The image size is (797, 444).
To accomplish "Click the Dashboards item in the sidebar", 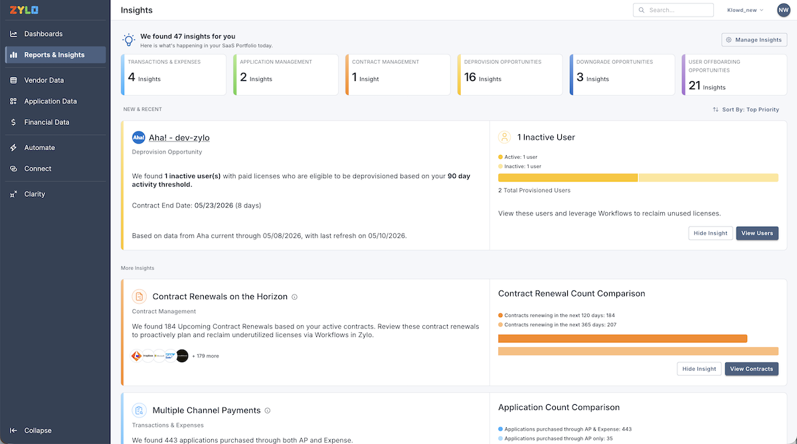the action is click(x=43, y=34).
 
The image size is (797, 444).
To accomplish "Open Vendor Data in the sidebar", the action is click(x=44, y=80).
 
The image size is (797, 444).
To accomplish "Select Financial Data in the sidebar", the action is click(x=46, y=122).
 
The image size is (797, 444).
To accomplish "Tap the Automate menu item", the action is click(x=39, y=148).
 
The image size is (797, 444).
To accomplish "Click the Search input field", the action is click(x=673, y=10).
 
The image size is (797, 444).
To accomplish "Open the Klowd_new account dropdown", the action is click(x=745, y=10).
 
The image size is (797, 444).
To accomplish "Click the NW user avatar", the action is click(x=784, y=10).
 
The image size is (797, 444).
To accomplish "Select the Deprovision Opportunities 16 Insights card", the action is click(x=510, y=74).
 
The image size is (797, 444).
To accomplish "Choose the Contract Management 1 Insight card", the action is click(x=398, y=74).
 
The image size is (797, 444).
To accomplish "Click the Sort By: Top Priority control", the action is click(x=746, y=110).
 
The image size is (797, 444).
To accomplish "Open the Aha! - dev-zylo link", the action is click(x=179, y=138).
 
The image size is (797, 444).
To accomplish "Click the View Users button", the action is click(x=757, y=233).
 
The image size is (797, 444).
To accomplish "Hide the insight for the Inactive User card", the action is click(x=710, y=233).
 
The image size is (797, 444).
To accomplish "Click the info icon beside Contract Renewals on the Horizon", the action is click(x=295, y=297).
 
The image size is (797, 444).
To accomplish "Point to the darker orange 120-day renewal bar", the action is click(x=622, y=338).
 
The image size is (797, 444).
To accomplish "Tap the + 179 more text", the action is click(x=205, y=356).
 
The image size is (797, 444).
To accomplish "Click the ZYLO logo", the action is click(x=24, y=10).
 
